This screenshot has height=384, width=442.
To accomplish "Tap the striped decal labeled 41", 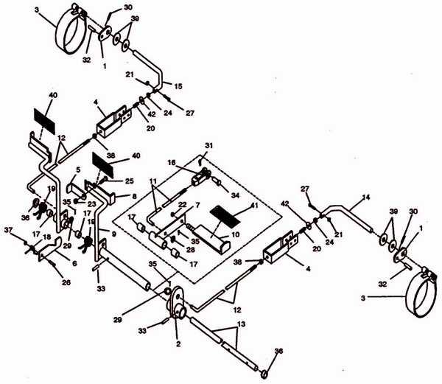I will click(x=225, y=216).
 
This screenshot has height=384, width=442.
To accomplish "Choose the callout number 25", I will click(x=130, y=181).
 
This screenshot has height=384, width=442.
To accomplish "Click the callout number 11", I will click(x=153, y=181).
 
